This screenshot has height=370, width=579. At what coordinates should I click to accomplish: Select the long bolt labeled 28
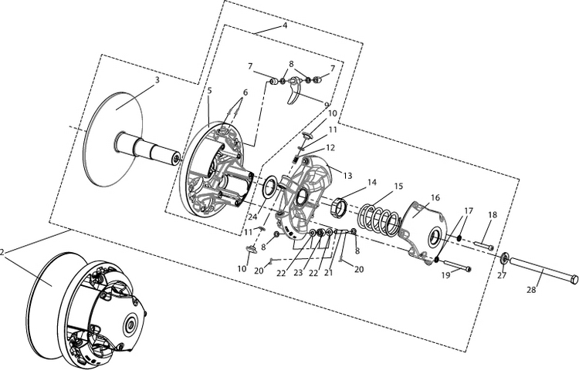coord(540,270)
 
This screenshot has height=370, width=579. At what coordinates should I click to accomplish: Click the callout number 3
coord(157,79)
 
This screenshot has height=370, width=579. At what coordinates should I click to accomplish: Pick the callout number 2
coord(4,251)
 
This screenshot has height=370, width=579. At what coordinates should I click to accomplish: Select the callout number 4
coord(284,25)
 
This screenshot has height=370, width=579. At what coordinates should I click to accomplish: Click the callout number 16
coord(435,198)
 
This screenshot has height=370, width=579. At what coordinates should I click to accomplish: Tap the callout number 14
coord(372,183)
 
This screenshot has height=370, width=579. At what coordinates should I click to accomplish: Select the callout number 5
coord(209,91)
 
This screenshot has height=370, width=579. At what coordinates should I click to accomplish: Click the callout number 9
coord(327,105)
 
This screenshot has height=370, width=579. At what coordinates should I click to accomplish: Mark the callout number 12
coord(330,147)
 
